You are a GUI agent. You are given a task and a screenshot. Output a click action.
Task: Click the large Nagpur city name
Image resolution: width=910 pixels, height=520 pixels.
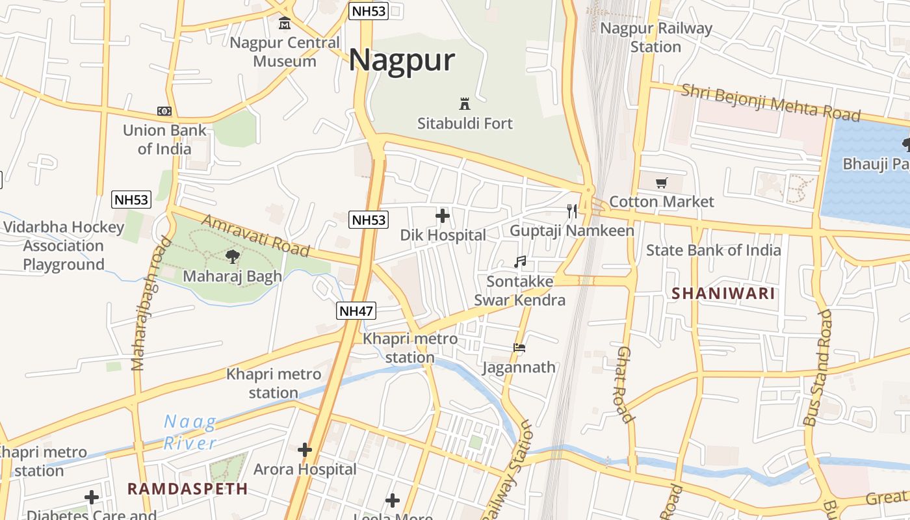click(401, 60)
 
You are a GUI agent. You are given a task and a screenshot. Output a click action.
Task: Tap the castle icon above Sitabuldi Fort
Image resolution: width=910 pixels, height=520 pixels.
click(465, 103)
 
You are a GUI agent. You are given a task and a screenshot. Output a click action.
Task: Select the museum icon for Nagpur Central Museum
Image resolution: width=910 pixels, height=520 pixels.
click(285, 24)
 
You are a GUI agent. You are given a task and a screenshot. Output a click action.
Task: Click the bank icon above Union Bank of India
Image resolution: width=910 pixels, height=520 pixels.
click(164, 112)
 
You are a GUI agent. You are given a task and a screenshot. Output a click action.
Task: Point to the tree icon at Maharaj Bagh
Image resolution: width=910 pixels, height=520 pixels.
click(233, 257)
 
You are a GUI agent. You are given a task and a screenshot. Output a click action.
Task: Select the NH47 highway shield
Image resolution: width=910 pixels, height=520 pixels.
click(356, 311)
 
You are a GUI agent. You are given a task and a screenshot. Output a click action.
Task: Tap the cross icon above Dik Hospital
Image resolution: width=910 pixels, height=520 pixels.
click(443, 216)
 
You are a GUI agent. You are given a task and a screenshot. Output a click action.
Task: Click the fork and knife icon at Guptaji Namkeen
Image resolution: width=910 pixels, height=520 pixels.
click(572, 211)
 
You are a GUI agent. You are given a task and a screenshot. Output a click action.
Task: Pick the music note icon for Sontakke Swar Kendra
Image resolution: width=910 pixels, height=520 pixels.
click(519, 262)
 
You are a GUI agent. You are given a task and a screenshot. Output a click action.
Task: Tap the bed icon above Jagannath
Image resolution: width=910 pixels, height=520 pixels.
click(519, 348)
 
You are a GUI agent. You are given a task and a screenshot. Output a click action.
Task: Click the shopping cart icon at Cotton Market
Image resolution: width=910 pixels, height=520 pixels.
click(662, 183)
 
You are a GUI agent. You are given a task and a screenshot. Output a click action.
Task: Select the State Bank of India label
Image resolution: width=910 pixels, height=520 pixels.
click(713, 250)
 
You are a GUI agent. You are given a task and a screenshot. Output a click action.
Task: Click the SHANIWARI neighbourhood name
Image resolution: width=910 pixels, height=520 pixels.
click(723, 294)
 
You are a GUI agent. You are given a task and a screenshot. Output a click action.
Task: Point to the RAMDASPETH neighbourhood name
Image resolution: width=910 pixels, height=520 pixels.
click(187, 489)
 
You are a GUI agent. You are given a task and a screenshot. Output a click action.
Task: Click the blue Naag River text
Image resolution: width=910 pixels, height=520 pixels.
click(190, 433)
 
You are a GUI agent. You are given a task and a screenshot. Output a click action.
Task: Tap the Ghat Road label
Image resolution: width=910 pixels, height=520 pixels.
click(624, 384)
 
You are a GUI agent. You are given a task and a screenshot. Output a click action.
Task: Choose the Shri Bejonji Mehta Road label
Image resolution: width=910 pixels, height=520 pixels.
click(770, 103)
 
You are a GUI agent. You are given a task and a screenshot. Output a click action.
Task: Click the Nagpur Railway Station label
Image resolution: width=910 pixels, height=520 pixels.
click(656, 38)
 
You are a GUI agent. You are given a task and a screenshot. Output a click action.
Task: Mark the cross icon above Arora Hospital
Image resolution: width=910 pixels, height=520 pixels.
click(305, 450)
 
